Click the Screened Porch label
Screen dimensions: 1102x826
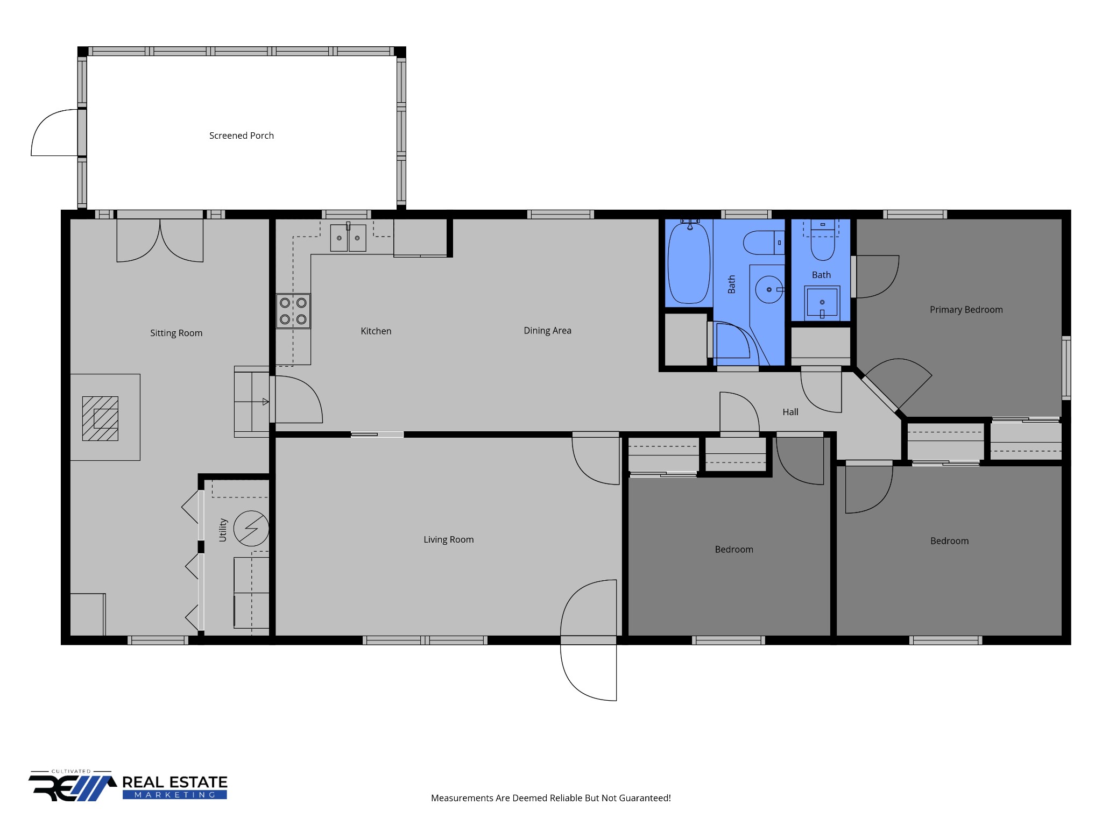point(242,136)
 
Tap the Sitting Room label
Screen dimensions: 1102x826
point(176,333)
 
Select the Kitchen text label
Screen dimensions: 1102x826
point(376,331)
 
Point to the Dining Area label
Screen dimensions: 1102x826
point(548,331)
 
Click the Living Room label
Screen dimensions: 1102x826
point(449,540)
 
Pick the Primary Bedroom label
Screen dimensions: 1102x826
point(966,310)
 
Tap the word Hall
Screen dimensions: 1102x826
point(790,412)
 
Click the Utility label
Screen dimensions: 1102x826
point(223,530)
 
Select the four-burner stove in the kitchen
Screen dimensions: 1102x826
point(293,311)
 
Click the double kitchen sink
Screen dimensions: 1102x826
point(348,238)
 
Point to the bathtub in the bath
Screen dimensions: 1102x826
point(689,263)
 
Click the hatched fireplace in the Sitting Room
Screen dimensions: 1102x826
point(100,419)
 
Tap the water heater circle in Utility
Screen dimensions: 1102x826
point(251,529)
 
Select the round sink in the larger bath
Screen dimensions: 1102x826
point(769,289)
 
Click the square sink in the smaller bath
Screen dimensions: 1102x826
point(822,302)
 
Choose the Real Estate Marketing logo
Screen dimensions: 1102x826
point(128,786)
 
